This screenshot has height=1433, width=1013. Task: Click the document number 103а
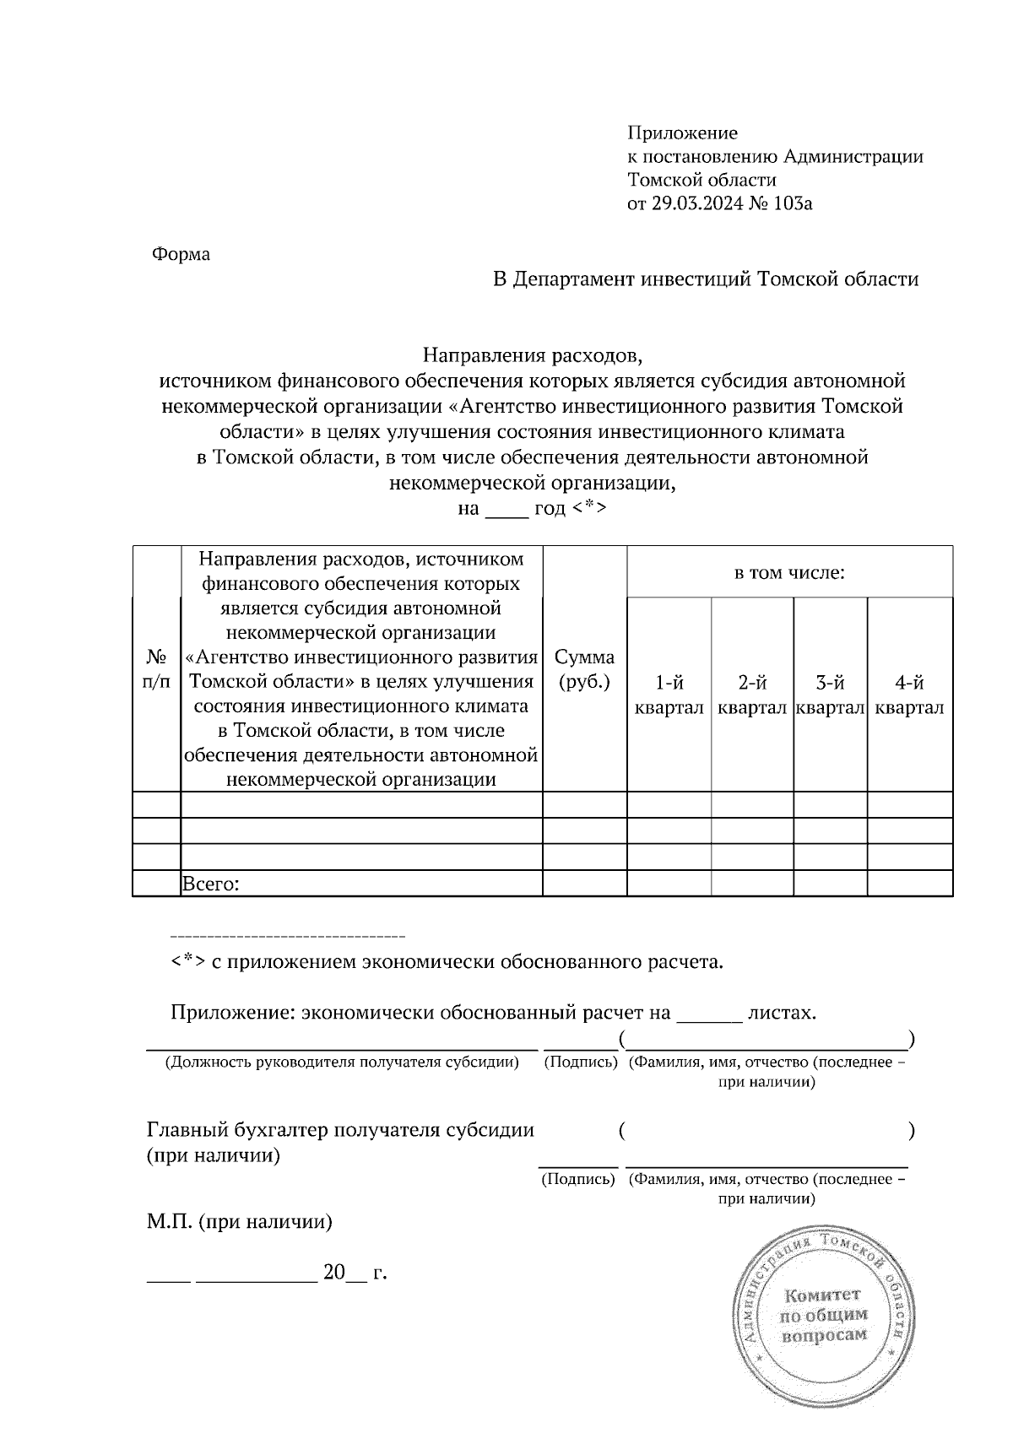(789, 203)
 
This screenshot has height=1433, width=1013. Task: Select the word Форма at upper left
(181, 254)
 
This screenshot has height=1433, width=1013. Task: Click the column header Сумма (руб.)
(584, 668)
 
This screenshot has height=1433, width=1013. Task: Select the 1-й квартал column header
(669, 695)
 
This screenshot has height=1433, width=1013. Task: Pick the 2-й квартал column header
(752, 695)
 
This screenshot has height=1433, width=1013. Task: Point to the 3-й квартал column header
(831, 695)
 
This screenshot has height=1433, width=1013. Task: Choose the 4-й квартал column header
(909, 695)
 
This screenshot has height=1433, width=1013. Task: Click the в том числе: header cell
(789, 573)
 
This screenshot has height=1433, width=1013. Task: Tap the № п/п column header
(157, 668)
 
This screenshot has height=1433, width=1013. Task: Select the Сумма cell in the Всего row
(584, 884)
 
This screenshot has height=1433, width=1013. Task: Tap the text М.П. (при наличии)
(240, 1221)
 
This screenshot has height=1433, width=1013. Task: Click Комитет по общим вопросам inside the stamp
(823, 1315)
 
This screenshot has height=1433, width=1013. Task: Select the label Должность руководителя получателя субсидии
(342, 1062)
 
